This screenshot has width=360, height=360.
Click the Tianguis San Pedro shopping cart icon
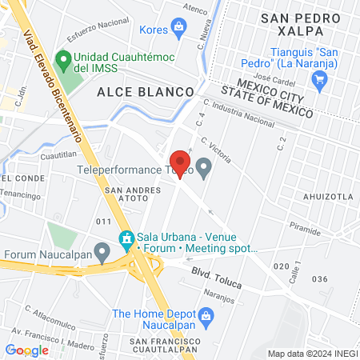321,78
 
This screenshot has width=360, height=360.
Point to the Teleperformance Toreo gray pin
205,169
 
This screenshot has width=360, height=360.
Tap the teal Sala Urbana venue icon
126,239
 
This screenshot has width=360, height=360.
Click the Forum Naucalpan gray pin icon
102,253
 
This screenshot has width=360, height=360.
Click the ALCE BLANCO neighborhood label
146,92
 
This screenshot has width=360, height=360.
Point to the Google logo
26,350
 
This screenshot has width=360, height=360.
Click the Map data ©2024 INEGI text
311,354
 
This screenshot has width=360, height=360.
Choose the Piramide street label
305,226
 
